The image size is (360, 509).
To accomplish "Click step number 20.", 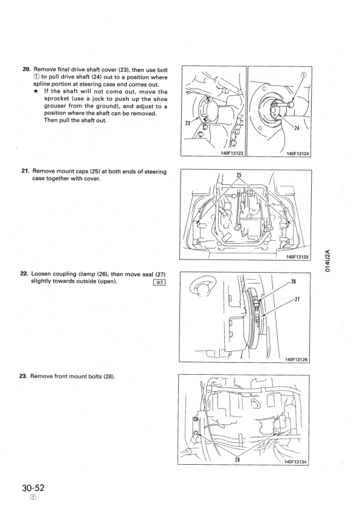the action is click(27, 69).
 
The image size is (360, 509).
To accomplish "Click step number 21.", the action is click(25, 171).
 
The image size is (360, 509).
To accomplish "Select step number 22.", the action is click(24, 274).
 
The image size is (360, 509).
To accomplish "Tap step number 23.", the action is click(24, 376).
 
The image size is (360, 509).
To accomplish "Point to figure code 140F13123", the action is click(231, 153).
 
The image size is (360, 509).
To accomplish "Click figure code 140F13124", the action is click(298, 154).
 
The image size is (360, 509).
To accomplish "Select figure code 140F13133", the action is click(297, 257).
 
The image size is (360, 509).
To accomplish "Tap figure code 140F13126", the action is click(296, 359).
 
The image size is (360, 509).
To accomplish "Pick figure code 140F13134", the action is click(295, 462).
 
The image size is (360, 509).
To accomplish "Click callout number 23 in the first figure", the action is click(188, 123).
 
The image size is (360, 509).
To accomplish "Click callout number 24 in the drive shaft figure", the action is click(297, 128).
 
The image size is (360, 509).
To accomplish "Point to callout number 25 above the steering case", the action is click(239, 175).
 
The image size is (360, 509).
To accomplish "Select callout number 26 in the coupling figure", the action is click(293, 282).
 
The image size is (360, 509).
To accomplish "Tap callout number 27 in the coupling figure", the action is click(297, 299).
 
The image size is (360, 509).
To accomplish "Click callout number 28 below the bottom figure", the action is click(237, 459).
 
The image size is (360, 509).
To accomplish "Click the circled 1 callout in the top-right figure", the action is click(304, 74).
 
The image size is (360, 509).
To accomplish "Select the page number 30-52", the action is click(33, 488).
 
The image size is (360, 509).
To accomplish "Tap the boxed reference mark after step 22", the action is click(159, 282).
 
